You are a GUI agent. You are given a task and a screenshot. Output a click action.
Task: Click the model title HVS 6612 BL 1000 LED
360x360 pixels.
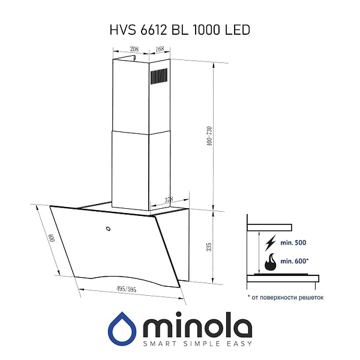tap(180, 29)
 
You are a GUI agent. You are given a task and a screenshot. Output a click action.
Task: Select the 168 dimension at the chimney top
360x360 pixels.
tap(160, 49)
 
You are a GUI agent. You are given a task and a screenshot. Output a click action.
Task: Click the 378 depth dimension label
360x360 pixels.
tap(170, 200)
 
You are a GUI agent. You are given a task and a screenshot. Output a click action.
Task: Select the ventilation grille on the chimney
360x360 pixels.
tap(158, 77)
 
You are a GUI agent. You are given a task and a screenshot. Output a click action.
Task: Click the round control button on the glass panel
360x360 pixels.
tap(107, 228)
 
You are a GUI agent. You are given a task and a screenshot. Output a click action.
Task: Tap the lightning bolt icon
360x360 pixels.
tap(271, 242)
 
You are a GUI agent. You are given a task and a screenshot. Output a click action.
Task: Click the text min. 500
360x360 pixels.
tap(293, 242)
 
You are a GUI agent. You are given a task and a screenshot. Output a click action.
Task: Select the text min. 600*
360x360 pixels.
tap(295, 261)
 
